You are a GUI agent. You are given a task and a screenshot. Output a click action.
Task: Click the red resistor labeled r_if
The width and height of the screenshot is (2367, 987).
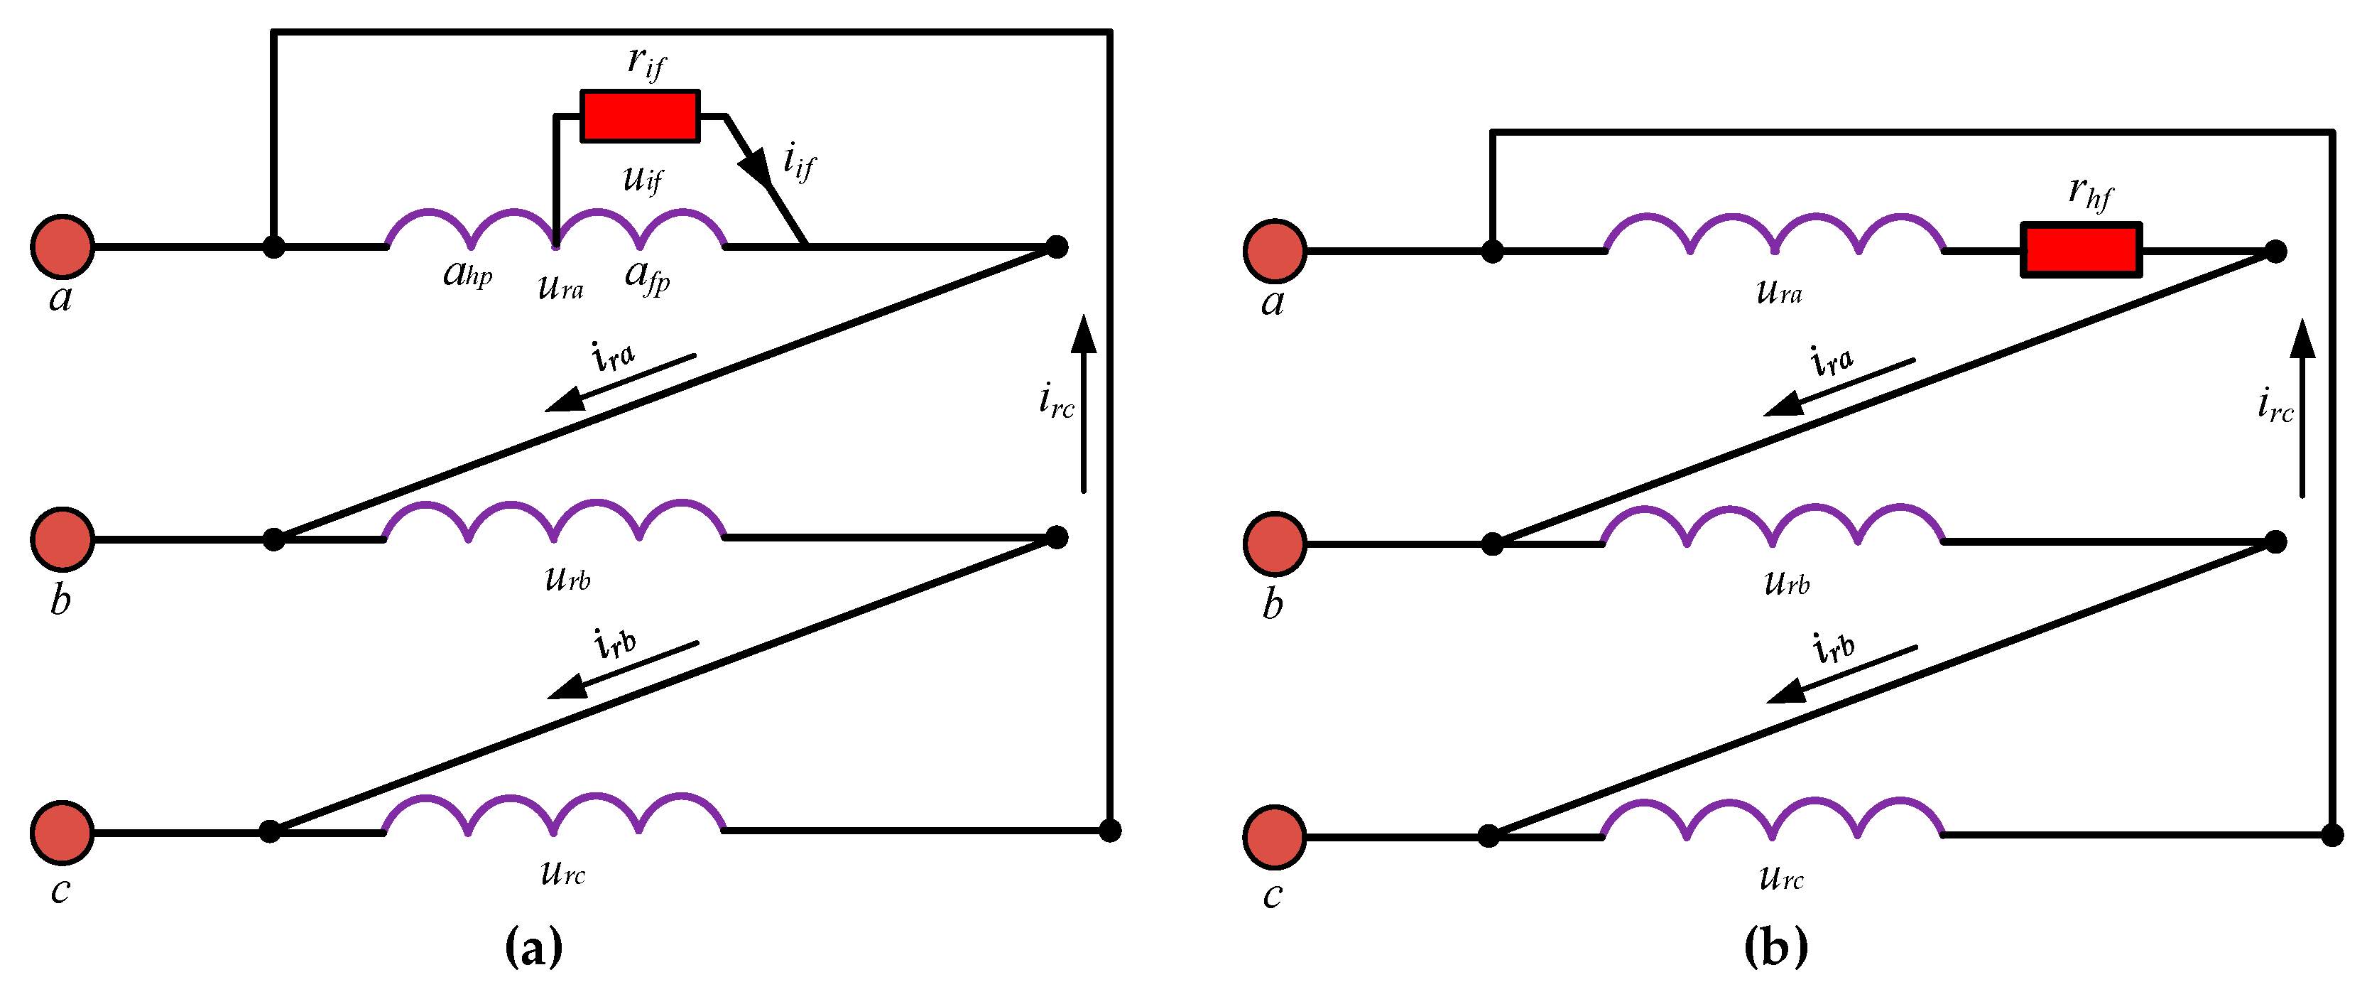pyautogui.click(x=640, y=116)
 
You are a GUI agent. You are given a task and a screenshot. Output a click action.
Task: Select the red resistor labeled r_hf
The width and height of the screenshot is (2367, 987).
pyautogui.click(x=2082, y=249)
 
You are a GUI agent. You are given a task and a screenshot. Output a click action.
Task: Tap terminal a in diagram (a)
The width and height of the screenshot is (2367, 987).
pyautogui.click(x=62, y=247)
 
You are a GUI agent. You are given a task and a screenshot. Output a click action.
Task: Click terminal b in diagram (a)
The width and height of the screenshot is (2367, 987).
pyautogui.click(x=62, y=539)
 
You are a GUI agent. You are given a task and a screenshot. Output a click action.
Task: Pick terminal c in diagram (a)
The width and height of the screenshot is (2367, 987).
pyautogui.click(x=62, y=831)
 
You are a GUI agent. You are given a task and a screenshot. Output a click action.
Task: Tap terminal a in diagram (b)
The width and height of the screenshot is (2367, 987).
pyautogui.click(x=1275, y=250)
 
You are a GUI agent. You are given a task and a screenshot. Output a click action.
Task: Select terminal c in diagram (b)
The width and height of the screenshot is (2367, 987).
pyautogui.click(x=1275, y=836)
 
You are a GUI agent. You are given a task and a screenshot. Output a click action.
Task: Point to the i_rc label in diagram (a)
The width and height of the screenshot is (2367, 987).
pyautogui.click(x=1056, y=401)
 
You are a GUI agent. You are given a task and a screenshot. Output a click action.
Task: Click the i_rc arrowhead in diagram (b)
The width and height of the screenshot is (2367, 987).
pyautogui.click(x=2302, y=340)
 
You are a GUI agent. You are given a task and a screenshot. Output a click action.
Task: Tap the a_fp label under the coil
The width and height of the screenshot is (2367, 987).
pyautogui.click(x=647, y=276)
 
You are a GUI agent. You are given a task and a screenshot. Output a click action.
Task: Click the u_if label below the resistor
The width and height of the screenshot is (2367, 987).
pyautogui.click(x=642, y=178)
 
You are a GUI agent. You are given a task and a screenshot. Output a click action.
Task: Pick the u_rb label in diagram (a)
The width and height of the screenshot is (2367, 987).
pyautogui.click(x=567, y=578)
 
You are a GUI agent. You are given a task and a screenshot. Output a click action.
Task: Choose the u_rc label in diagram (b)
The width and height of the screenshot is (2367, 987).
pyautogui.click(x=1781, y=878)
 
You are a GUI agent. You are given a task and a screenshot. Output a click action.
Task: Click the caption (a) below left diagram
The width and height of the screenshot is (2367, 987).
pyautogui.click(x=534, y=946)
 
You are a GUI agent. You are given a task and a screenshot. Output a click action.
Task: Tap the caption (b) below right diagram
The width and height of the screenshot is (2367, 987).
pyautogui.click(x=1775, y=946)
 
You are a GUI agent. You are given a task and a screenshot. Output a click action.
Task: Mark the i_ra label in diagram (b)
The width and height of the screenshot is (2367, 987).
pyautogui.click(x=1832, y=360)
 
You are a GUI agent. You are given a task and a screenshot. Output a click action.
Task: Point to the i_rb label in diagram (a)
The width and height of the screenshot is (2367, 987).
pyautogui.click(x=615, y=642)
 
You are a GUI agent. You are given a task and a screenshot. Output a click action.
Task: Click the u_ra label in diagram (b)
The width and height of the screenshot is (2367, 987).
pyautogui.click(x=1779, y=292)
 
